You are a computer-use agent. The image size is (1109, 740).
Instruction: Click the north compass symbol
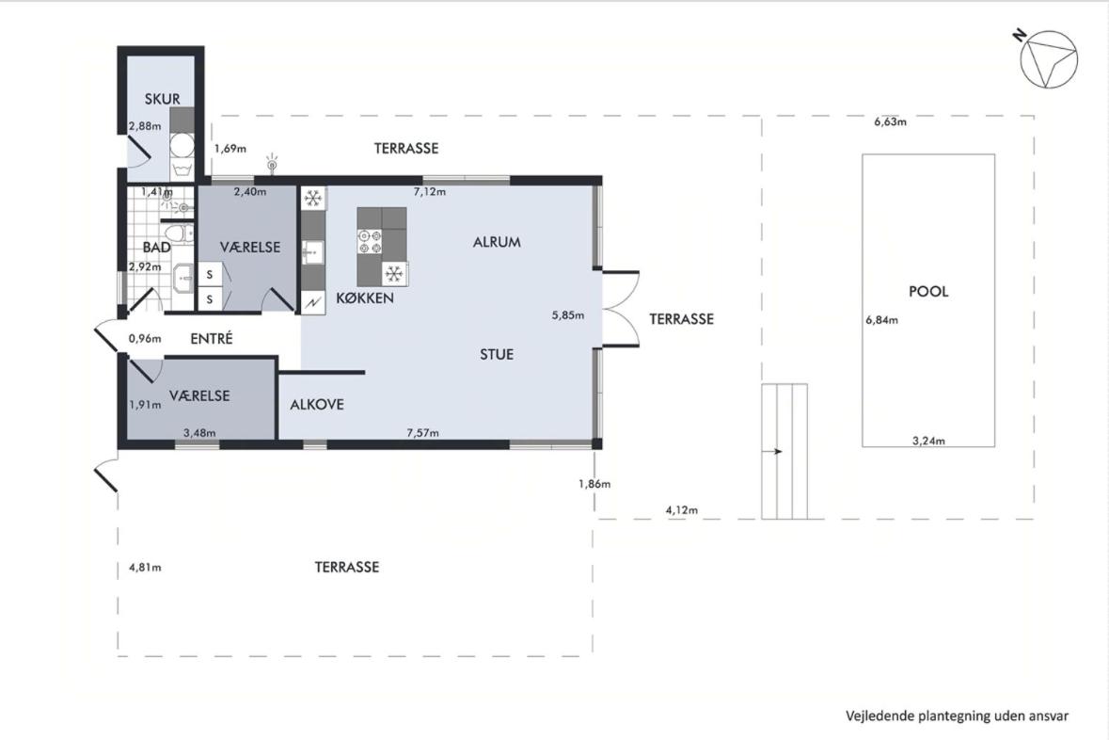tap(1049, 58)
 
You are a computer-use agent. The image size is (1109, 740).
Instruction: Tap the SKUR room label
tap(162, 99)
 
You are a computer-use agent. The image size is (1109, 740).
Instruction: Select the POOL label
tap(928, 291)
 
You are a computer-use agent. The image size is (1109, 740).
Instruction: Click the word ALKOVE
tap(317, 404)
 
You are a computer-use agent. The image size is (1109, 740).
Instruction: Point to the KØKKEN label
tap(365, 298)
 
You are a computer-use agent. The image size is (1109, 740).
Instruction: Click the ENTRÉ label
tap(212, 339)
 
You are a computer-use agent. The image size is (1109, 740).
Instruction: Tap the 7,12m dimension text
tap(429, 192)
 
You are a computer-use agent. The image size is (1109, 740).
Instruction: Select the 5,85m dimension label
tap(568, 315)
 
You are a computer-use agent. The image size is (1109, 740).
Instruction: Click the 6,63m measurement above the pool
tap(890, 121)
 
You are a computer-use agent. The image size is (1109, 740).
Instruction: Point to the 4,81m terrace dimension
tap(145, 567)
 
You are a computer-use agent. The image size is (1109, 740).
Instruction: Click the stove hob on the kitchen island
tap(369, 241)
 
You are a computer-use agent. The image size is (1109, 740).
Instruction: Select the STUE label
tap(497, 354)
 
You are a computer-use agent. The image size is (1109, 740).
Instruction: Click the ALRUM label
tap(497, 242)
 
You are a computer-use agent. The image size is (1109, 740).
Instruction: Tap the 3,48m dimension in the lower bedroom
tap(199, 433)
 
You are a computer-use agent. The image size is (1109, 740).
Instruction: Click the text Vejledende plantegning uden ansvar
tap(957, 716)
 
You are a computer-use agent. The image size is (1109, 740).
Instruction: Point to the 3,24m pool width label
tap(928, 441)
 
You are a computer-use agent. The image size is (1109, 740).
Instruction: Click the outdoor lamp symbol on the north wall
tap(271, 163)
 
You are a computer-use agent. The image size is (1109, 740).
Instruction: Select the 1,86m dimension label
tap(594, 484)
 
